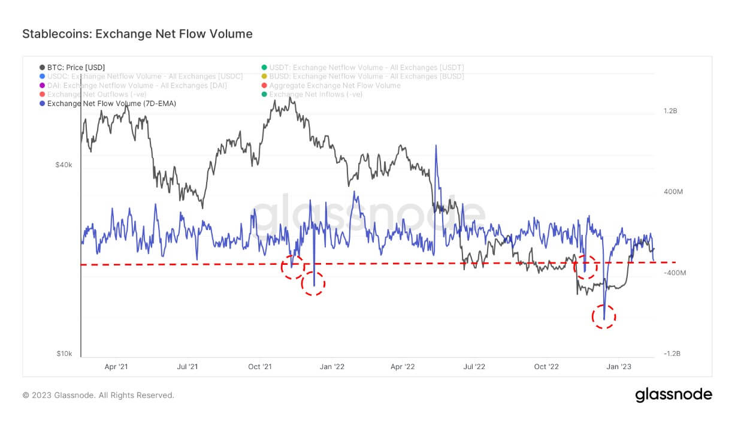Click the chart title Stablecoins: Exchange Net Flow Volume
tap(137, 34)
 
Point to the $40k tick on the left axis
tap(64, 165)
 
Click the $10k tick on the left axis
tap(64, 353)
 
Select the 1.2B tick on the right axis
tap(670, 111)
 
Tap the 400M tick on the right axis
tap(673, 192)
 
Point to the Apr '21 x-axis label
tap(116, 367)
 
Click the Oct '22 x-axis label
tap(546, 367)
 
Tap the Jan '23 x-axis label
tap(618, 367)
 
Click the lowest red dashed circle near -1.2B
tap(604, 316)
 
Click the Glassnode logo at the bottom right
tap(673, 395)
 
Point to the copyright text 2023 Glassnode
tap(98, 395)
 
